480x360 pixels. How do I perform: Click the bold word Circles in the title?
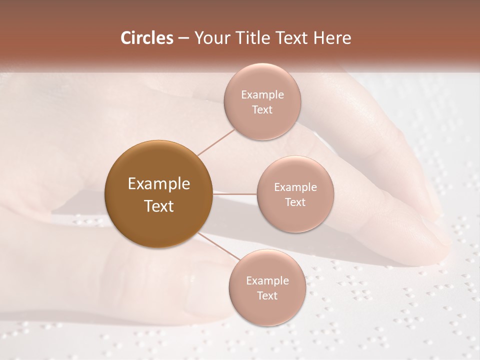pos(147,38)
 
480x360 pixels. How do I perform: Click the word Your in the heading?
pos(210,38)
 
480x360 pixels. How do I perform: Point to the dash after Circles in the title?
pos(183,38)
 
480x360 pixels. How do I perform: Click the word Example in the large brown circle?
pos(159,184)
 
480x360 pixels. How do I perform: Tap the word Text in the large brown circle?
pos(159,206)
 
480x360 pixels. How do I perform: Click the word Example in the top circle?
pos(262,95)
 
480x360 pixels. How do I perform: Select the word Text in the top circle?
pos(262,110)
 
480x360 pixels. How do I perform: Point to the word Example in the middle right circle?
pos(295,187)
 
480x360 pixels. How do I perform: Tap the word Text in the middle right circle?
pos(295,202)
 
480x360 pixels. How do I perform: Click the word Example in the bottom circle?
pos(267,281)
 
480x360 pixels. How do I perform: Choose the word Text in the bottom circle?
pos(267,296)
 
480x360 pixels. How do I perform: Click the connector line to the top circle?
pos(216,142)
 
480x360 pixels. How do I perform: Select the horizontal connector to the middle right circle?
pos(235,194)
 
